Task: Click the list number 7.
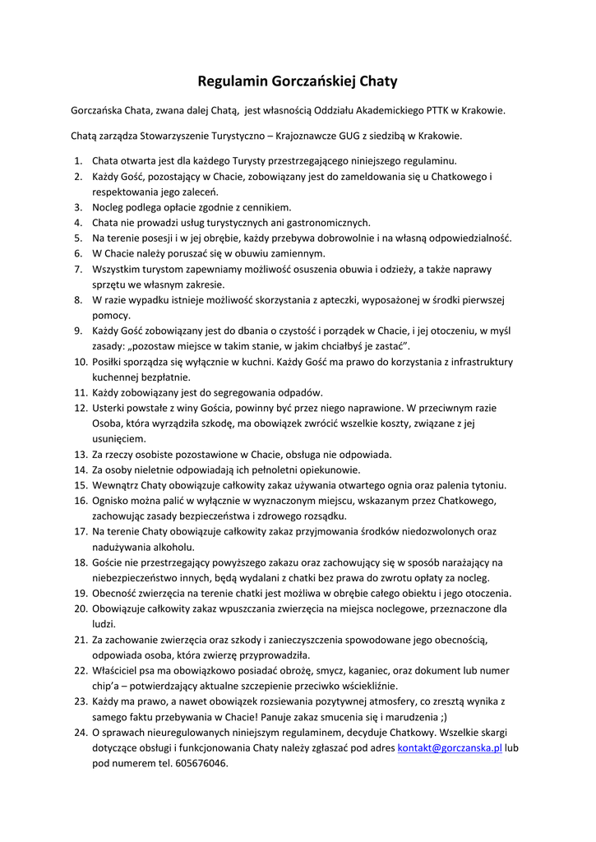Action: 78,269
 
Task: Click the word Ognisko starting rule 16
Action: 111,501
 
